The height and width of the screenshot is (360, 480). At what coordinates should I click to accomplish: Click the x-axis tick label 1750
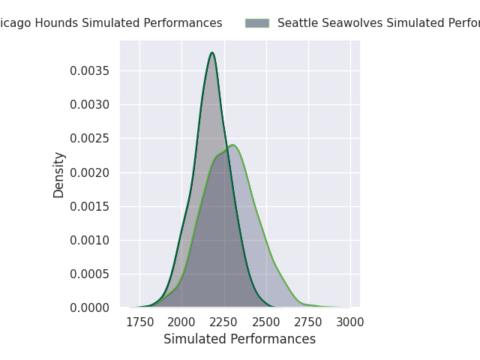click(x=139, y=322)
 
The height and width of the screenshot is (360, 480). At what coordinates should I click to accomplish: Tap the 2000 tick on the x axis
click(x=181, y=322)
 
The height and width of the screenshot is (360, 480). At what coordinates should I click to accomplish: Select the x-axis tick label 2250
click(x=223, y=322)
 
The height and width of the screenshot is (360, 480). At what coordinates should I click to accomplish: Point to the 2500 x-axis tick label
click(x=265, y=322)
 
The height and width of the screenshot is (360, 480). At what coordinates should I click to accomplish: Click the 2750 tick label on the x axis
click(x=307, y=322)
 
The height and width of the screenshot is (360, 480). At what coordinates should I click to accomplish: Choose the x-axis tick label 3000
click(x=349, y=322)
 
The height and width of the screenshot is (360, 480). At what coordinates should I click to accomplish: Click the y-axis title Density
click(x=59, y=175)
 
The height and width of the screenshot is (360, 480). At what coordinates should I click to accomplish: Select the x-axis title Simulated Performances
click(x=239, y=339)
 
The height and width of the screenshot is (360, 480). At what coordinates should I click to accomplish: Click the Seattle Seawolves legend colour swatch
click(x=256, y=23)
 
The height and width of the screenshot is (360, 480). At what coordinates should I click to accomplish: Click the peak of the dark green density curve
click(x=212, y=52)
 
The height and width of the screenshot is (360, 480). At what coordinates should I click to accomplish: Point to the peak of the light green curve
click(x=232, y=145)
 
